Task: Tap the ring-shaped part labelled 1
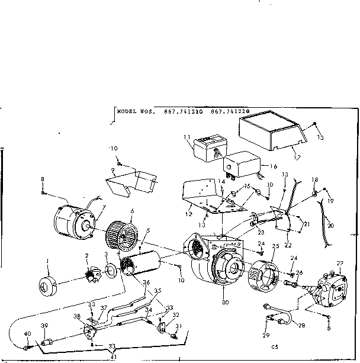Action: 47,285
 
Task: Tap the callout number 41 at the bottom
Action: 113,356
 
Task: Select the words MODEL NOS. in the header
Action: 136,111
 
